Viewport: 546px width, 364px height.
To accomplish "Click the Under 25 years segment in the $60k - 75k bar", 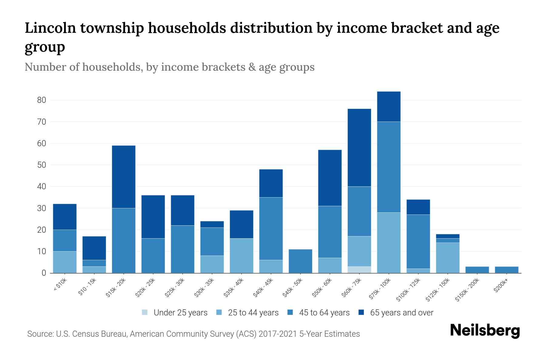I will click(359, 270).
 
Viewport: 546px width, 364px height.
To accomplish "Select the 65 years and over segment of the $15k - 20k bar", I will click(123, 177).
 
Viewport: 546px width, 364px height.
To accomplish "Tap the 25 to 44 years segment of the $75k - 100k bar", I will click(389, 243).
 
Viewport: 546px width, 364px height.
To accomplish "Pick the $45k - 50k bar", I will click(300, 261).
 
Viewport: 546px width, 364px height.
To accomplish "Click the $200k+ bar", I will click(507, 270).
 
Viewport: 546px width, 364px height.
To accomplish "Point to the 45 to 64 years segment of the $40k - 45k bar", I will click(271, 229).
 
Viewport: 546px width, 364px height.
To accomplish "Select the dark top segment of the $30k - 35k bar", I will click(212, 224).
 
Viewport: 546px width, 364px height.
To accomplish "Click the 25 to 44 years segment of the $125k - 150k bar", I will click(447, 258).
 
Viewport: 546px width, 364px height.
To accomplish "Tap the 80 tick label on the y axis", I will click(41, 100).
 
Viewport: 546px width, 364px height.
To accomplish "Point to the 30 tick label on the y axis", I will click(41, 208).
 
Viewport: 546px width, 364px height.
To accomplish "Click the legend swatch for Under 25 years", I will click(145, 312).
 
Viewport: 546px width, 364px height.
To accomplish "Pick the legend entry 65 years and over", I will click(402, 312).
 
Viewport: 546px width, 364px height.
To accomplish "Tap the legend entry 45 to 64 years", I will click(324, 312).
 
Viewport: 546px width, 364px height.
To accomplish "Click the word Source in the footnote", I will click(39, 334).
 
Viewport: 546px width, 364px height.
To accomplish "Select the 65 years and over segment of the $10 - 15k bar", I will click(94, 248).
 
